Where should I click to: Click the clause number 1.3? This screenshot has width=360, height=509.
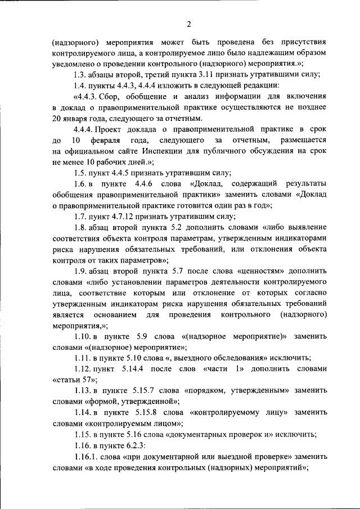tap(80, 75)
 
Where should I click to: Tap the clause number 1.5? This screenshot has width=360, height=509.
tap(80, 173)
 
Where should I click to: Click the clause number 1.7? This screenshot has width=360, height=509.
tap(80, 217)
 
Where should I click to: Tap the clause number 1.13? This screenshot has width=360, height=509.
tap(82, 391)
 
